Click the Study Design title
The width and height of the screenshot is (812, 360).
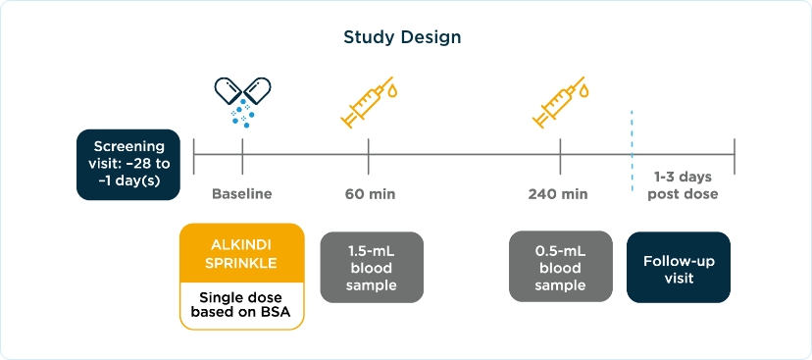click(x=402, y=38)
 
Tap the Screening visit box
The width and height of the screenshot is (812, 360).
click(x=128, y=164)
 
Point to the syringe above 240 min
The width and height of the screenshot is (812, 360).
click(x=561, y=103)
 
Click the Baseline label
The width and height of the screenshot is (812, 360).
click(x=242, y=195)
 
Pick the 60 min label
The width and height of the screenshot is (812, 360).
click(x=371, y=195)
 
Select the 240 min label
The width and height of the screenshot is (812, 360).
click(x=558, y=195)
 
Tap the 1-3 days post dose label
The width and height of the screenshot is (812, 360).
click(x=683, y=186)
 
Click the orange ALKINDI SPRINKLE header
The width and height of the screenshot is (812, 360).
click(x=242, y=253)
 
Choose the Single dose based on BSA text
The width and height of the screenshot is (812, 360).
click(x=241, y=306)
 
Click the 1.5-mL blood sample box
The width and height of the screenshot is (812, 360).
click(x=372, y=267)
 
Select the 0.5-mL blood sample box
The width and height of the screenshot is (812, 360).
click(x=561, y=267)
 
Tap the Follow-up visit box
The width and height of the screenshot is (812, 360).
click(x=679, y=267)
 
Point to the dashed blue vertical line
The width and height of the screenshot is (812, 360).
click(x=632, y=151)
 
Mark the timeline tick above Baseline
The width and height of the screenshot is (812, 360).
click(x=242, y=156)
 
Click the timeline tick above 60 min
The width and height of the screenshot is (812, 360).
click(x=369, y=156)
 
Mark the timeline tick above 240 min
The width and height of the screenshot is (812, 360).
click(x=560, y=156)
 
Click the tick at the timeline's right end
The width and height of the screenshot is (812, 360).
click(x=735, y=156)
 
